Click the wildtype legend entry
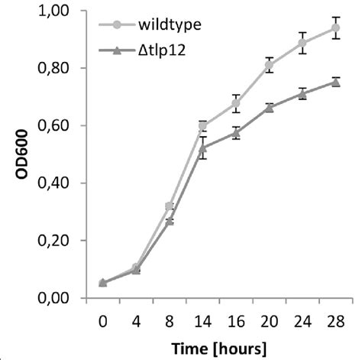coord(159,25)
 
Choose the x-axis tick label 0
coord(103,322)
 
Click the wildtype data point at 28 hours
coord(335,28)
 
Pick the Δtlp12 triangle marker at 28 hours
coord(335,82)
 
